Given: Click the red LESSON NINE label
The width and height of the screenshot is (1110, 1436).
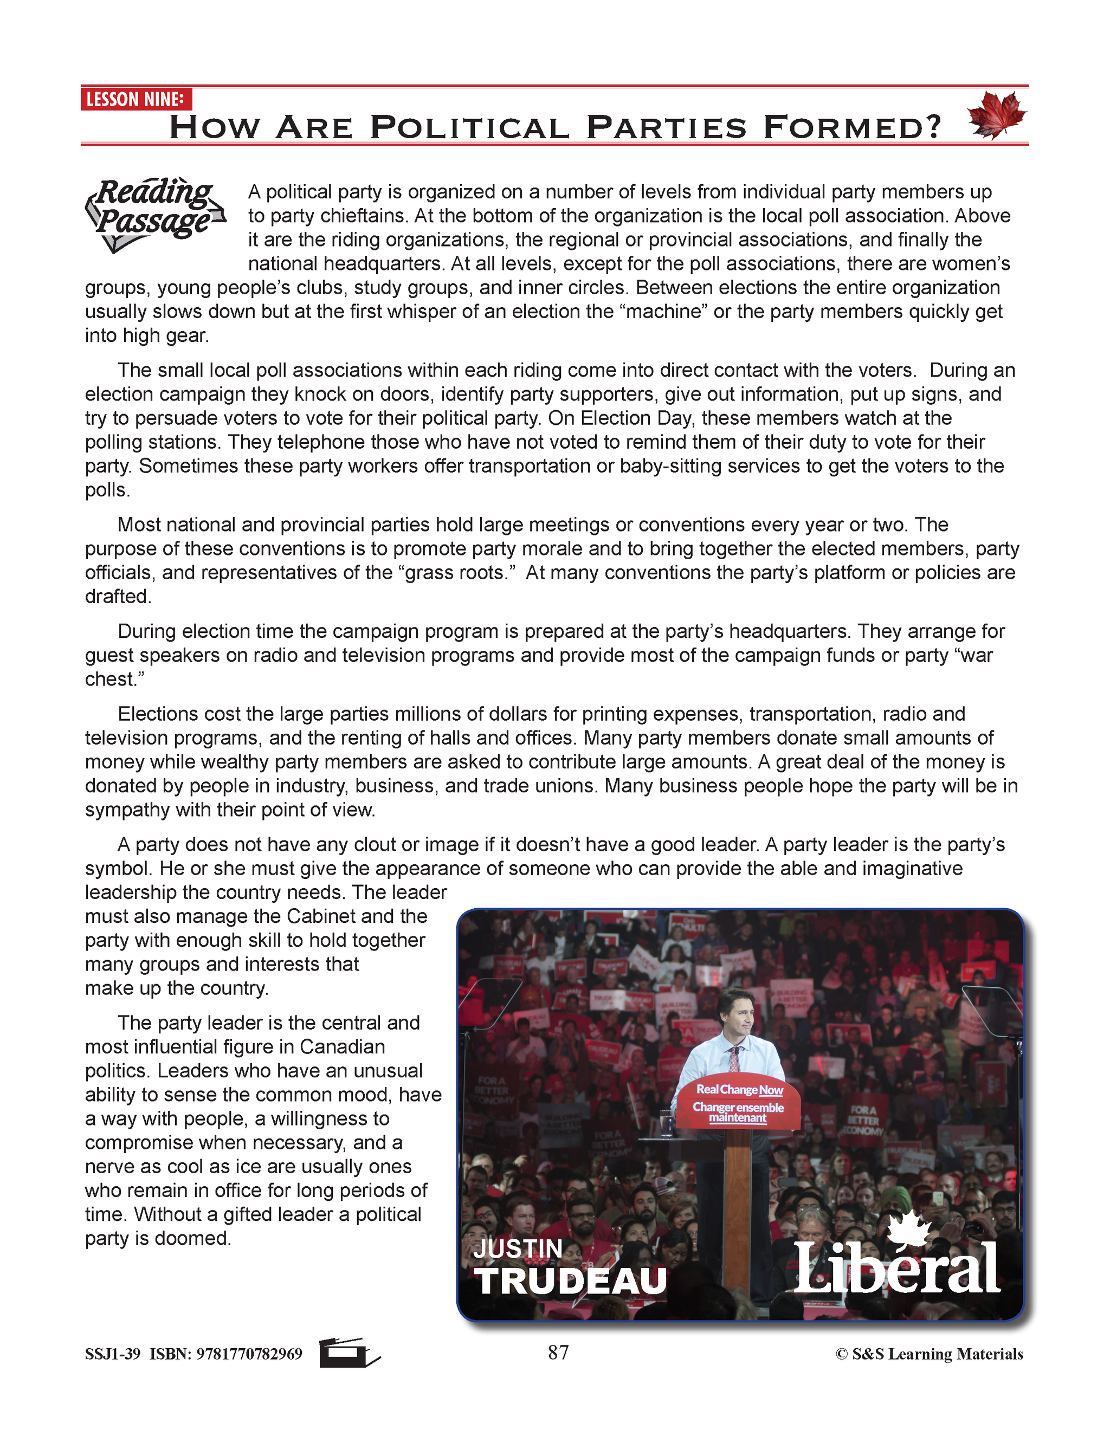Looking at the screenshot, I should coord(135,99).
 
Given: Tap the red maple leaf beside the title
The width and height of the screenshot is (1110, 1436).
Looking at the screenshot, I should coord(996,115).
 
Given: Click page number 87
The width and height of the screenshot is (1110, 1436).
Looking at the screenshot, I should coord(558,1352).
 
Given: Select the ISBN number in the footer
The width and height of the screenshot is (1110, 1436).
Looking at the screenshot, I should coord(249,1354).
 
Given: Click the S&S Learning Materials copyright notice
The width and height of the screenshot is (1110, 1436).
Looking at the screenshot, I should coord(928,1354).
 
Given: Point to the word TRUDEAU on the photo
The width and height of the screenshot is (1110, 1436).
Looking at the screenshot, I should coord(570,1282).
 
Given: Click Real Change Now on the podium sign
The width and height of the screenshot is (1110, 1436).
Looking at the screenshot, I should coord(739,1090).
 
